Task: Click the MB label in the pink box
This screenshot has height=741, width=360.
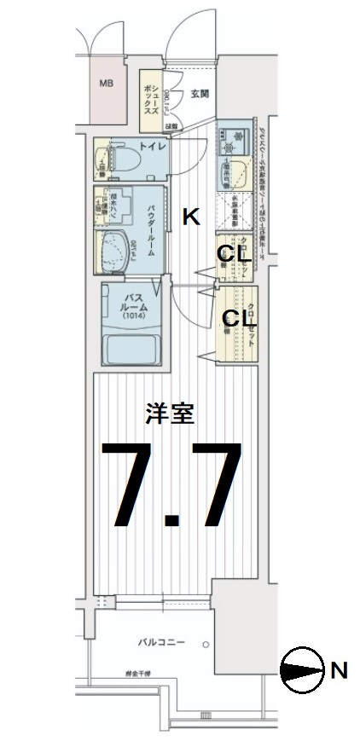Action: pos(107,83)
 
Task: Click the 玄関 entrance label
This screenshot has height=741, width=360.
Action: pos(200,95)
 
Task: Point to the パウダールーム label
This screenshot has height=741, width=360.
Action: pos(151,230)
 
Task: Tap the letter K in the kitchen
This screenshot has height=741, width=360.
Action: pos(191,217)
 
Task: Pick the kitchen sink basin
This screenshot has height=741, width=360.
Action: pos(230,177)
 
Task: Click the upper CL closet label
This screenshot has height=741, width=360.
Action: pos(231,252)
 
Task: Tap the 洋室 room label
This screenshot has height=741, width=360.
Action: pos(171,414)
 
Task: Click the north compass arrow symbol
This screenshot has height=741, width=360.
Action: pos(303,669)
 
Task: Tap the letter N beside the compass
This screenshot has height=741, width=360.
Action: pos(339,670)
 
